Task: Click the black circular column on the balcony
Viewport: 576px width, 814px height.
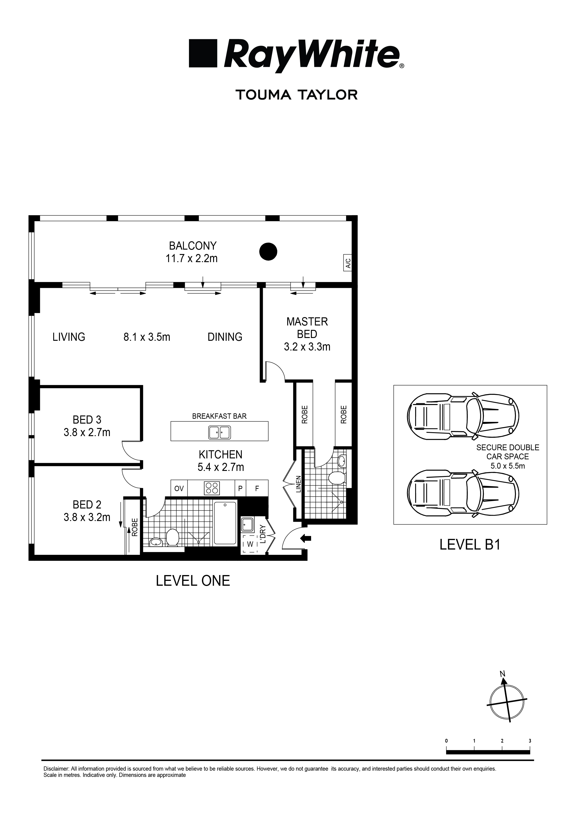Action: click(x=268, y=251)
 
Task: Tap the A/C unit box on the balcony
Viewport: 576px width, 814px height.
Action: click(x=348, y=263)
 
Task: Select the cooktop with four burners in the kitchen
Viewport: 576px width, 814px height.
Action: click(x=212, y=488)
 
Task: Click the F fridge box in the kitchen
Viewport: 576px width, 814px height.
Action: click(x=257, y=489)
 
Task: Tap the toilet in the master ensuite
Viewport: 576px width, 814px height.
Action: click(x=336, y=478)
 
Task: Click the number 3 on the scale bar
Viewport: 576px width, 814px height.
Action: click(x=530, y=741)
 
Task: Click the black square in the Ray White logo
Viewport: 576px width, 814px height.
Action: click(x=203, y=53)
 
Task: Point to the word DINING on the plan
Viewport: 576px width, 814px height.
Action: click(x=225, y=337)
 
